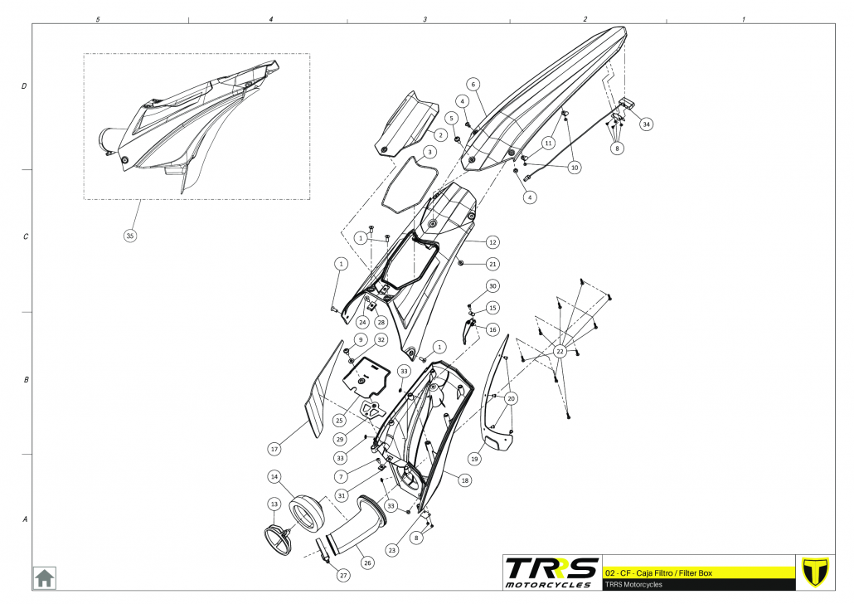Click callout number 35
129,236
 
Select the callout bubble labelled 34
646,124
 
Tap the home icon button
44,577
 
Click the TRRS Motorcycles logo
551,572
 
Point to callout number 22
560,352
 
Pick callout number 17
275,449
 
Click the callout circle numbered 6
473,84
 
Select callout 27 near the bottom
343,575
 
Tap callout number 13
274,504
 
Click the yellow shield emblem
817,572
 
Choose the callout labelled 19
475,457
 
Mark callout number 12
493,242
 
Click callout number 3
429,153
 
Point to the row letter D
24,86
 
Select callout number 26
367,562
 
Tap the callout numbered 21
493,264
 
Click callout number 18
464,480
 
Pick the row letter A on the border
24,520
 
